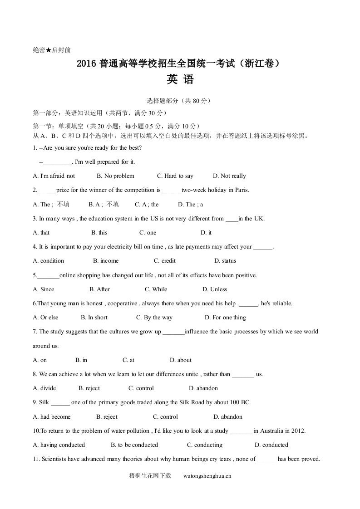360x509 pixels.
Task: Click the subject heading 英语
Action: click(x=180, y=80)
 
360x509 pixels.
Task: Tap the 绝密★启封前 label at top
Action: click(x=52, y=50)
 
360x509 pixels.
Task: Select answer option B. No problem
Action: click(x=115, y=176)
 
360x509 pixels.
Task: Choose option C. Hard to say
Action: click(x=175, y=176)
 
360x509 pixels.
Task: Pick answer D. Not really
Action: click(x=229, y=176)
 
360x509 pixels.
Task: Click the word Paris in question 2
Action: click(x=242, y=190)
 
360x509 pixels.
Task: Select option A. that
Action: click(x=41, y=233)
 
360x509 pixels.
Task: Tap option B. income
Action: click(x=106, y=261)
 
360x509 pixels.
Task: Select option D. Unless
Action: click(x=215, y=289)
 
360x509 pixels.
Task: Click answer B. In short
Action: click(x=94, y=318)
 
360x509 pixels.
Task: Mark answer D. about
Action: click(x=181, y=360)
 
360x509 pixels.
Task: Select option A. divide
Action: click(x=44, y=388)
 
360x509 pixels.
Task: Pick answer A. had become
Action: click(x=52, y=417)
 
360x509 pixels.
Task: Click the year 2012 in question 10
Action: click(x=299, y=431)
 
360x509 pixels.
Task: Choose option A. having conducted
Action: click(x=59, y=445)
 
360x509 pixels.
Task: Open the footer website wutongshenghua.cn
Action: click(x=207, y=476)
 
